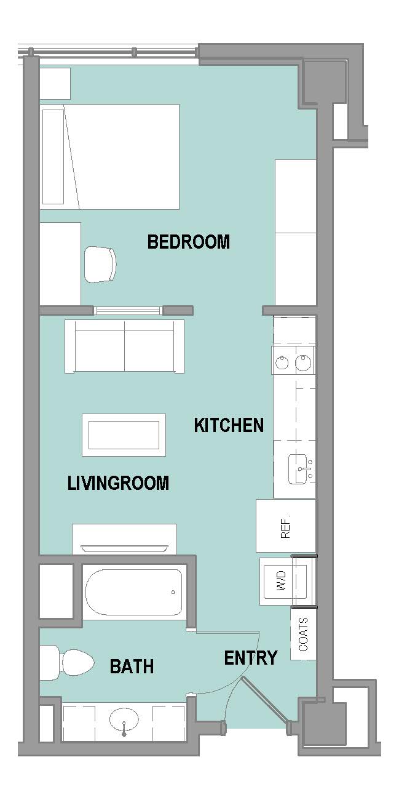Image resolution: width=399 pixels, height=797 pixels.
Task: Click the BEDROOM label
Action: [188, 242]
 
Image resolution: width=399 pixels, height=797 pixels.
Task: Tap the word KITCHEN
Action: [229, 425]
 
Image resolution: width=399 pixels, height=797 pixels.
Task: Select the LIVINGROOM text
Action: [118, 483]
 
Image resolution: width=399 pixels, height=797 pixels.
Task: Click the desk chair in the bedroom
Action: [101, 265]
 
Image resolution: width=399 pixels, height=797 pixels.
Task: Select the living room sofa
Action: [124, 346]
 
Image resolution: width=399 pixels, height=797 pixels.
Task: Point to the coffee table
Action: [124, 435]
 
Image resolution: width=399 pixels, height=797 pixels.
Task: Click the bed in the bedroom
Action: [109, 156]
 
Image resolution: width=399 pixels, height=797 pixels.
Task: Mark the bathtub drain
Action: [173, 592]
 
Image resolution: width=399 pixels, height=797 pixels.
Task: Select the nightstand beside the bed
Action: [55, 84]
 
